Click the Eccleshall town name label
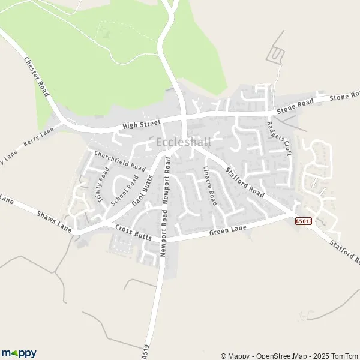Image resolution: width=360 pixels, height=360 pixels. click(x=183, y=143)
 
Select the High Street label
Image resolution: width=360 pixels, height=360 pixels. click(x=141, y=124)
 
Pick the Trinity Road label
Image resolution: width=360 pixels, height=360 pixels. click(x=102, y=187)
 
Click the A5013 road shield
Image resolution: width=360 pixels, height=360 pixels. click(x=304, y=221)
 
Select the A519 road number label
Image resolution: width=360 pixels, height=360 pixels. click(x=145, y=352)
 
